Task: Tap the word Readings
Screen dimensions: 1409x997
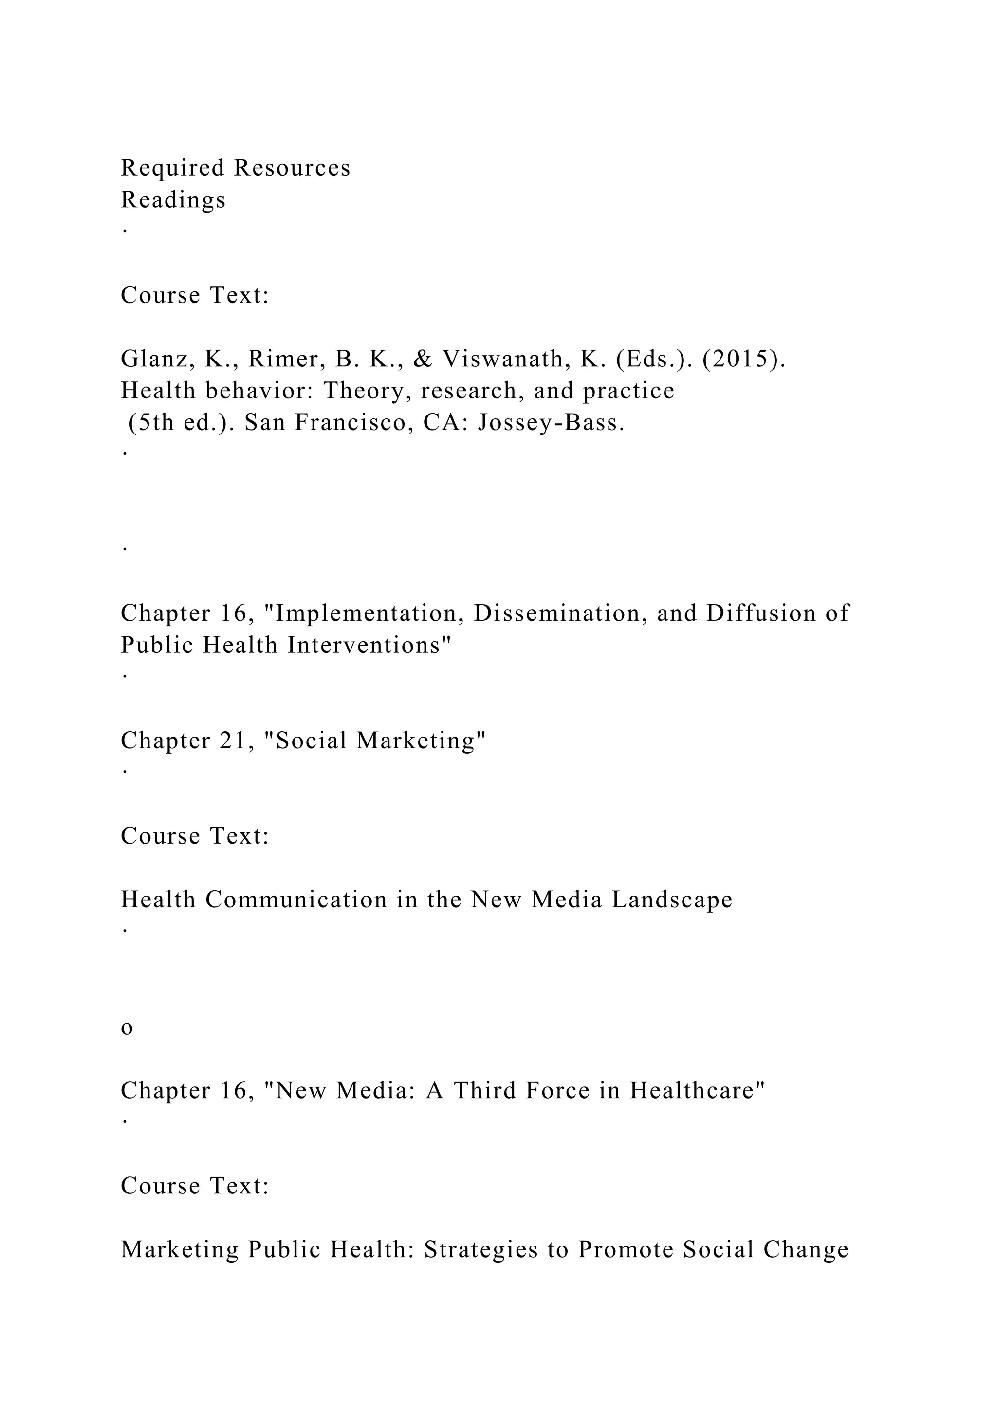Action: click(173, 200)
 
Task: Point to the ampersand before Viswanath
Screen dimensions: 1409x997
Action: click(423, 359)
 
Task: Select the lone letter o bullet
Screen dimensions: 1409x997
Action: click(127, 1028)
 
